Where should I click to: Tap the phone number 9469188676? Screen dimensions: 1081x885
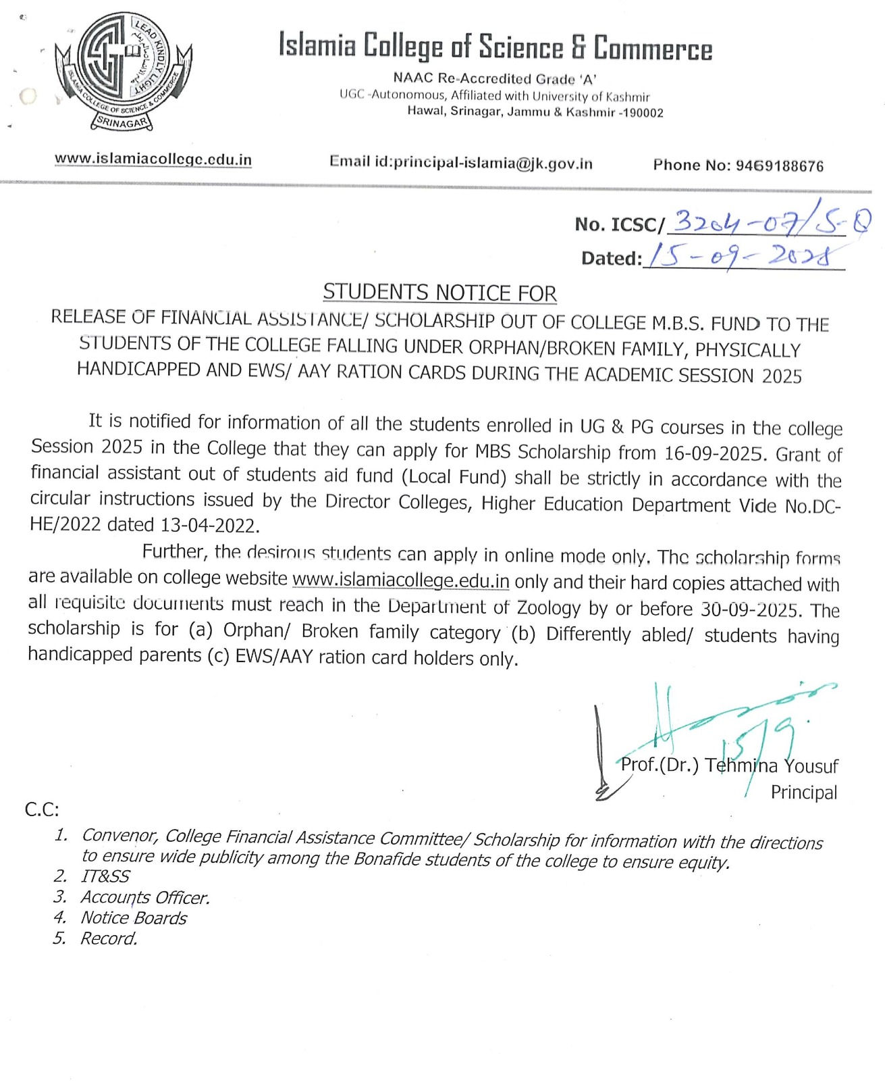[779, 166]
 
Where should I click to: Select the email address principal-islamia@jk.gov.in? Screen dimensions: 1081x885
[493, 163]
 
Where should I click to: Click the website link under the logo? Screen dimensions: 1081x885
[153, 159]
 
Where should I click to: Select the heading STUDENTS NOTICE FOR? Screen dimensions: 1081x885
[439, 293]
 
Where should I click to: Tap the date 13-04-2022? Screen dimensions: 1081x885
[209, 525]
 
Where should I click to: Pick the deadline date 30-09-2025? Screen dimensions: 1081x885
[750, 609]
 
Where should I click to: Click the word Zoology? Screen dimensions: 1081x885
[548, 607]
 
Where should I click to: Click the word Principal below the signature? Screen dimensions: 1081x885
[803, 792]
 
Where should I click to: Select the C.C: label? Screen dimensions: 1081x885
[42, 809]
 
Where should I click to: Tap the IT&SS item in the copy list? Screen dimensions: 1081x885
[105, 876]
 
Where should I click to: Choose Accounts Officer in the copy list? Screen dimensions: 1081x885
[145, 897]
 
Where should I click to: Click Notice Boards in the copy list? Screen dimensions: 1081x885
[134, 917]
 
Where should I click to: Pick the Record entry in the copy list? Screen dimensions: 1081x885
[109, 938]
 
